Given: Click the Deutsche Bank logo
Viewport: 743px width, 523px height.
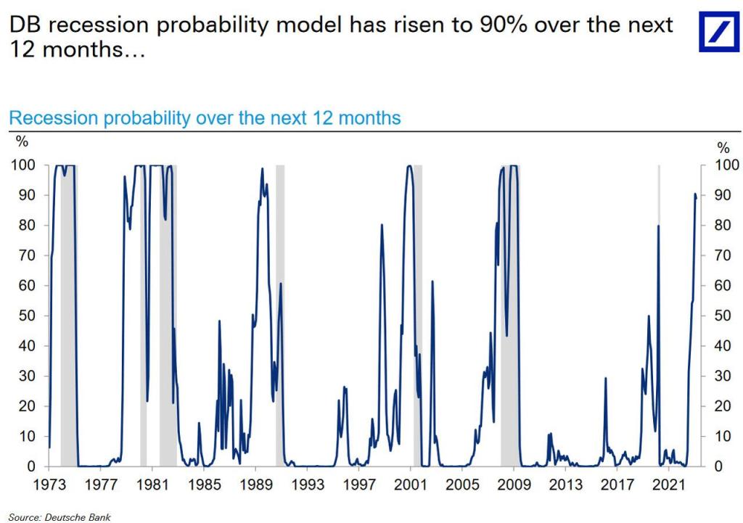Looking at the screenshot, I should pos(718,32).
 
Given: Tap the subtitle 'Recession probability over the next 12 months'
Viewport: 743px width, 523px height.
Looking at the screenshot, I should pos(205,118).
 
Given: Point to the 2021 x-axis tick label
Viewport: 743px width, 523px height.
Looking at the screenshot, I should pos(668,483).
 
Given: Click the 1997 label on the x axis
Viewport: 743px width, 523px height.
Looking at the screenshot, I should pos(359,483).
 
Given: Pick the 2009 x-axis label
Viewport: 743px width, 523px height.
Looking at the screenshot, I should pos(514,483).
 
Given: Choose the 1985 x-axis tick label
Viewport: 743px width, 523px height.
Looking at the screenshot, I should pos(204,483).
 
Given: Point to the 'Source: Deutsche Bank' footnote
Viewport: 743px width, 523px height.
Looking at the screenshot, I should pos(50,516).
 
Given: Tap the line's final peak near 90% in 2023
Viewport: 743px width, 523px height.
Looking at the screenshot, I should pos(695,194).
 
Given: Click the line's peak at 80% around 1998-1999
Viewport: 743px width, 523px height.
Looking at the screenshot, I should pos(382,225).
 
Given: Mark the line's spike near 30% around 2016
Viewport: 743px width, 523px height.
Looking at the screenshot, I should pos(605,378).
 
